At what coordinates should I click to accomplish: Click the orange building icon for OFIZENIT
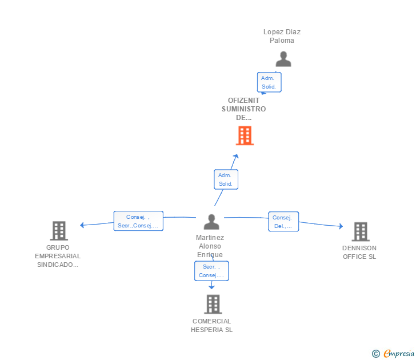[x=245, y=135]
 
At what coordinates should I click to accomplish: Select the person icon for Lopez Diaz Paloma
[x=283, y=59]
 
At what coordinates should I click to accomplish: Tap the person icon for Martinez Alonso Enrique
[x=211, y=222]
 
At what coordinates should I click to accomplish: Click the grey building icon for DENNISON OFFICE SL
[x=361, y=231]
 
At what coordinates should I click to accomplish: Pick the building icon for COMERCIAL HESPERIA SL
[x=213, y=305]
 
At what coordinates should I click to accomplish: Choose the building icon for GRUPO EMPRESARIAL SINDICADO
[x=59, y=231]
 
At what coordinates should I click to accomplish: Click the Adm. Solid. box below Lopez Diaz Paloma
[x=269, y=82]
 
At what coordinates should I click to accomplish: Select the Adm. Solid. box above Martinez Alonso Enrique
[x=226, y=179]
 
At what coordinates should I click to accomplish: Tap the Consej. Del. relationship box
[x=283, y=222]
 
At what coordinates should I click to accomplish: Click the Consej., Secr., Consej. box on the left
[x=138, y=221]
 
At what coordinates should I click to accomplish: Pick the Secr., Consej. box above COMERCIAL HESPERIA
[x=211, y=271]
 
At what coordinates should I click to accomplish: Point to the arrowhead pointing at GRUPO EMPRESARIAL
[x=82, y=225]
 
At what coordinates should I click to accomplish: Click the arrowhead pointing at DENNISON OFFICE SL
[x=341, y=226]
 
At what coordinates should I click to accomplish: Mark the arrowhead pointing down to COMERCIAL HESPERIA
[x=211, y=287]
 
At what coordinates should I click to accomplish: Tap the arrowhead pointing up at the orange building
[x=236, y=156]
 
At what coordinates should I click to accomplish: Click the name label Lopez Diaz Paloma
[x=282, y=36]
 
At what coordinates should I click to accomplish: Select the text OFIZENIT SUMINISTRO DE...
[x=244, y=109]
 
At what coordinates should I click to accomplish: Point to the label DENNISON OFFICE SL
[x=359, y=253]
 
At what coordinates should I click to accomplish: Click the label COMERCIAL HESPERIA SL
[x=211, y=326]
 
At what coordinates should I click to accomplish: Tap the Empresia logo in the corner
[x=393, y=353]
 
